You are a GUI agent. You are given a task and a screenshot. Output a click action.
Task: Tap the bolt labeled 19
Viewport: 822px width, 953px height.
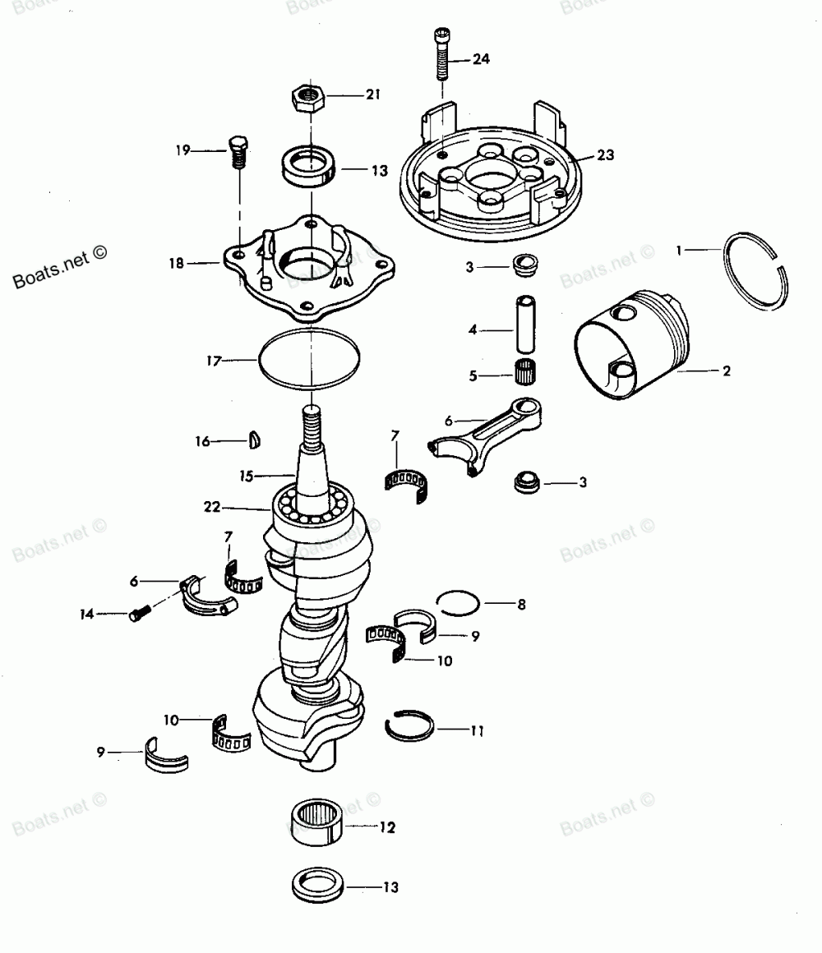238,151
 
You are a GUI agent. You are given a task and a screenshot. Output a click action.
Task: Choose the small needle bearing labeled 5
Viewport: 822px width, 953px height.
524,371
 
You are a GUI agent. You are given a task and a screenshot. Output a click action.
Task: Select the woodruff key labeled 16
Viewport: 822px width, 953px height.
255,441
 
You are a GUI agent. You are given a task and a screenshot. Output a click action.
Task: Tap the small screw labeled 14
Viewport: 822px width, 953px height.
138,613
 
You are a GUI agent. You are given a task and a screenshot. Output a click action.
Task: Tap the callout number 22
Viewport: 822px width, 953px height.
212,507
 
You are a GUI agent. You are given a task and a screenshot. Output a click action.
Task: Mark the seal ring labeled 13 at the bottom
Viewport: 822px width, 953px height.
317,886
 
